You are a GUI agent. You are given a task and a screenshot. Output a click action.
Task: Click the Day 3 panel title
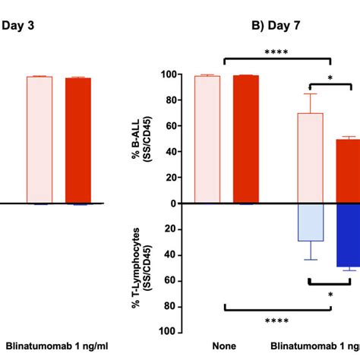[x=17, y=24]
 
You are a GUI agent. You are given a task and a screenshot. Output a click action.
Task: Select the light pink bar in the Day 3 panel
[x=39, y=140]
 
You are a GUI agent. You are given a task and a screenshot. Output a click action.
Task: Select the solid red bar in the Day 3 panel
[x=77, y=141]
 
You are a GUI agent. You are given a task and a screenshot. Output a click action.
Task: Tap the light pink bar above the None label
[x=207, y=140]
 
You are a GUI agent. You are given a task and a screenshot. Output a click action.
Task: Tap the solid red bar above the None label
[x=245, y=140]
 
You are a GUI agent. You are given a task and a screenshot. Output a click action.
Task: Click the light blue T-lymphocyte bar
[x=310, y=223]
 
